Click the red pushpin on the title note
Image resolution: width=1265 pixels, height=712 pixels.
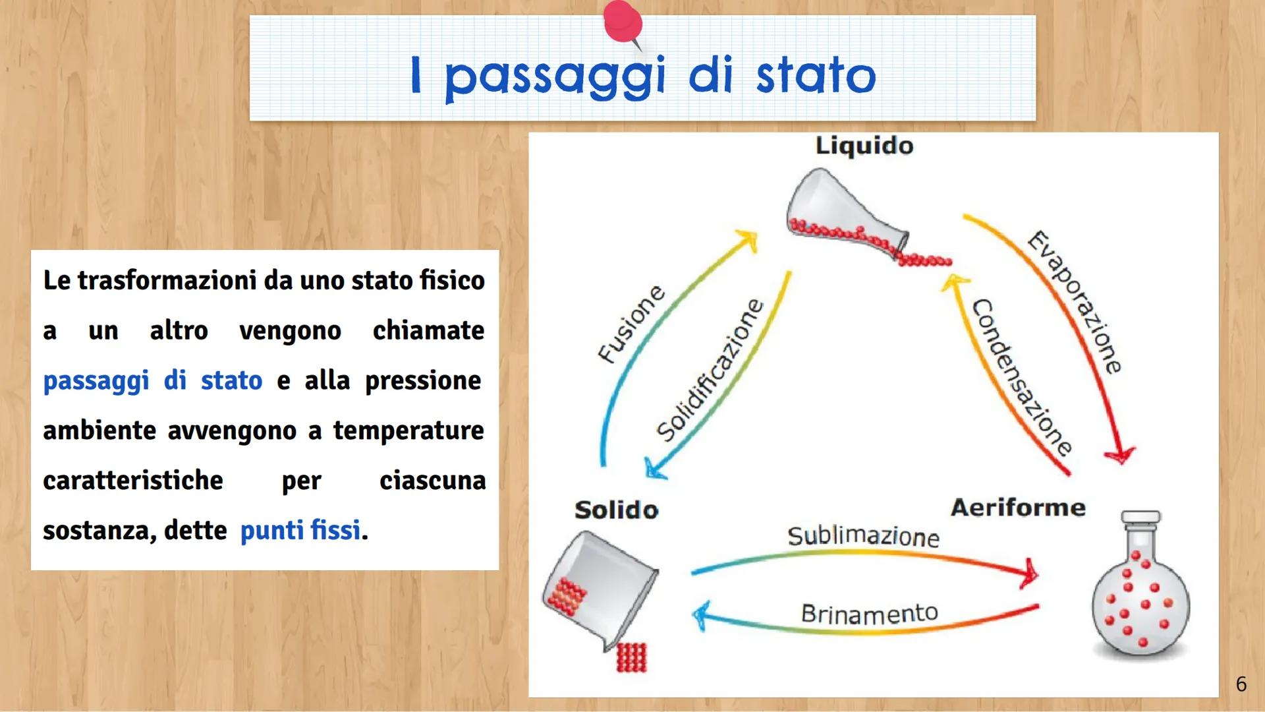pyautogui.click(x=623, y=22)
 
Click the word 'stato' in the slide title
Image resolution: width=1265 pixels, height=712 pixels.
pyautogui.click(x=816, y=76)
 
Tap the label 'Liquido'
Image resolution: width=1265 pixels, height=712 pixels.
pyautogui.click(x=864, y=146)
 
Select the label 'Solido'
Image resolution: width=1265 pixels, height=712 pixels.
pyautogui.click(x=616, y=510)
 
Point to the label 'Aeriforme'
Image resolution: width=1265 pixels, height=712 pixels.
pyautogui.click(x=1018, y=508)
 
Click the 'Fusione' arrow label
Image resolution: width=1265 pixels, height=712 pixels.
pyautogui.click(x=631, y=324)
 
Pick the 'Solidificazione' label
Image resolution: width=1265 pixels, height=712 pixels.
pyautogui.click(x=710, y=370)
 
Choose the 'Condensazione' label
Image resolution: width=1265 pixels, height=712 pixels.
pyautogui.click(x=1021, y=377)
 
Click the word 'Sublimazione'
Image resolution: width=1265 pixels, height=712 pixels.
pyautogui.click(x=863, y=536)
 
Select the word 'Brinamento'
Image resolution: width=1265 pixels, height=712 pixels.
pyautogui.click(x=869, y=614)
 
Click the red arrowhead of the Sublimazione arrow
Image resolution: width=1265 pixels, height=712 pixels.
pyautogui.click(x=1028, y=572)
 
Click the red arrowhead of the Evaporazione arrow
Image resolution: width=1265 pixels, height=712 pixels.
pyautogui.click(x=1119, y=454)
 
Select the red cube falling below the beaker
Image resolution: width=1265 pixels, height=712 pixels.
pyautogui.click(x=632, y=657)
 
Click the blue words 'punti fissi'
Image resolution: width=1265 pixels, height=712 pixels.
pyautogui.click(x=300, y=530)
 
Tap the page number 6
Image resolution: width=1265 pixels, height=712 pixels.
pyautogui.click(x=1241, y=684)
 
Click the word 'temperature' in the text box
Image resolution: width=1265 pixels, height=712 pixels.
pyautogui.click(x=408, y=430)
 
